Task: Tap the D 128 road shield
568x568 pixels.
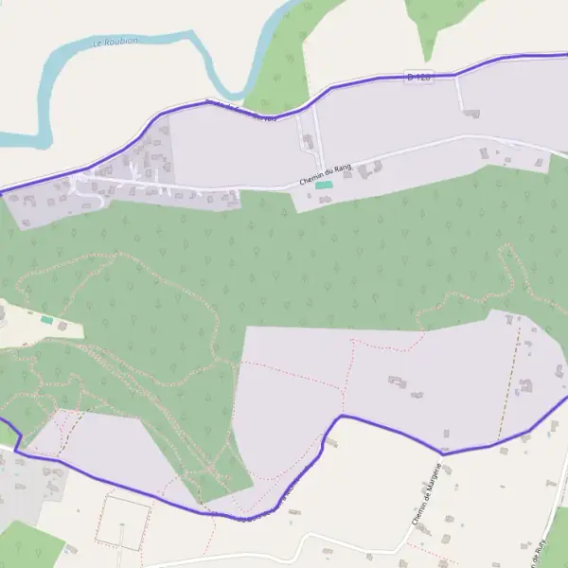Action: (417, 76)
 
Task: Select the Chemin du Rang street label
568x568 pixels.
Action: (325, 174)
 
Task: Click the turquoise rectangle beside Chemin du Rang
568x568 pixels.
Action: (324, 186)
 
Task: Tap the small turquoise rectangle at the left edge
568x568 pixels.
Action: (46, 320)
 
